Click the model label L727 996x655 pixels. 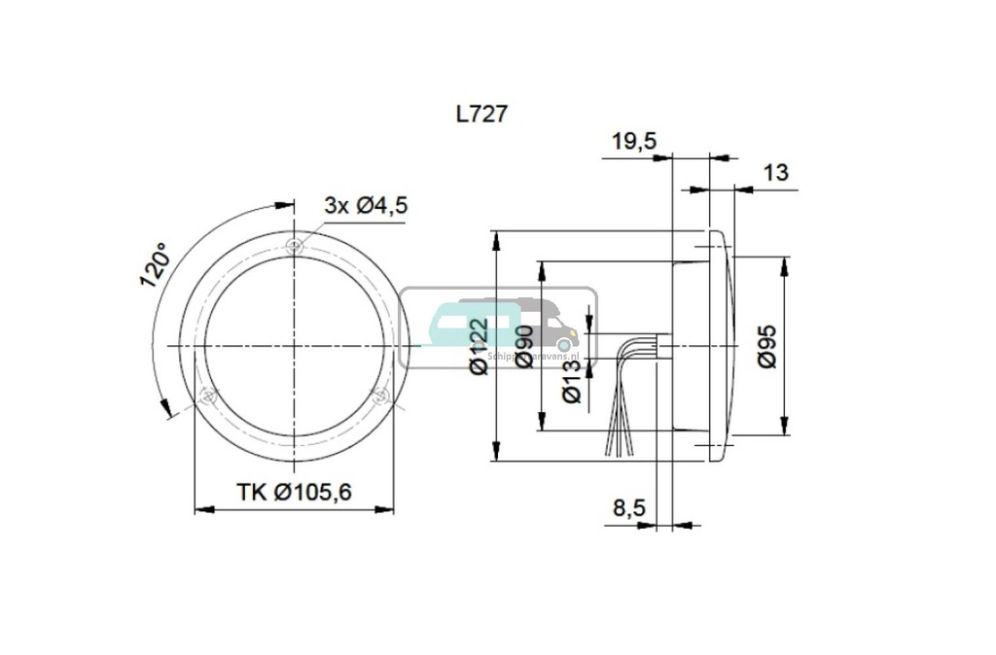tap(481, 114)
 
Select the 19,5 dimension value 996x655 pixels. tap(634, 142)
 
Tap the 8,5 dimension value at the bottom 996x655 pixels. tap(631, 507)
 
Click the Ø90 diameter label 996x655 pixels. tap(524, 346)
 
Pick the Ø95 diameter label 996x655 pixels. tap(767, 345)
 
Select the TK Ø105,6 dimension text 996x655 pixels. tap(294, 493)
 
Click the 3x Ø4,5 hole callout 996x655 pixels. tap(365, 205)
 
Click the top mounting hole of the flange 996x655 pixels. tap(295, 245)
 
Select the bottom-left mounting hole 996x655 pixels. tap(206, 396)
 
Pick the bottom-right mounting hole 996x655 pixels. tap(381, 396)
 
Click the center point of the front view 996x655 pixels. tap(294, 346)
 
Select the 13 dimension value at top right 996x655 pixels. tap(775, 173)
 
